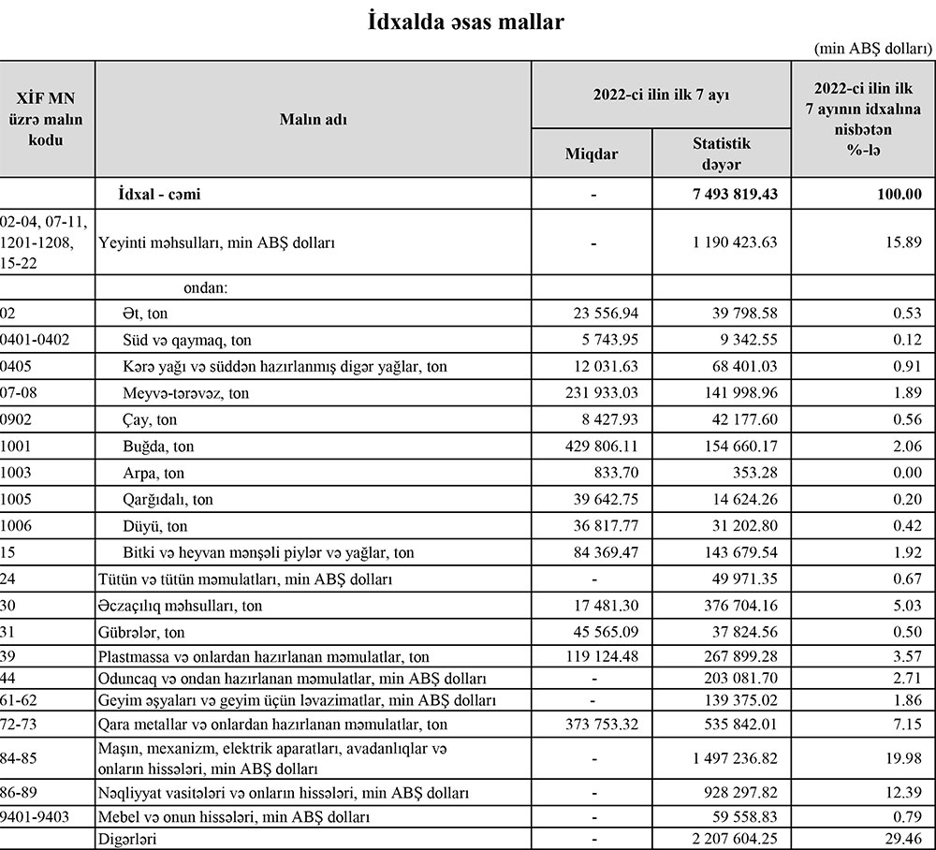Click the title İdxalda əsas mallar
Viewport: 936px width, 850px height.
467,22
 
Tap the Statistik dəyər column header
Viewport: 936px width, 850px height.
721,154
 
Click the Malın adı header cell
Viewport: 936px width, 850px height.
313,119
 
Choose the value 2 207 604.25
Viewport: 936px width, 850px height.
732,840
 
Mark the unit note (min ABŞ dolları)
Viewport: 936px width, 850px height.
873,48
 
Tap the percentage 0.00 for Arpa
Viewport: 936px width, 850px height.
907,474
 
